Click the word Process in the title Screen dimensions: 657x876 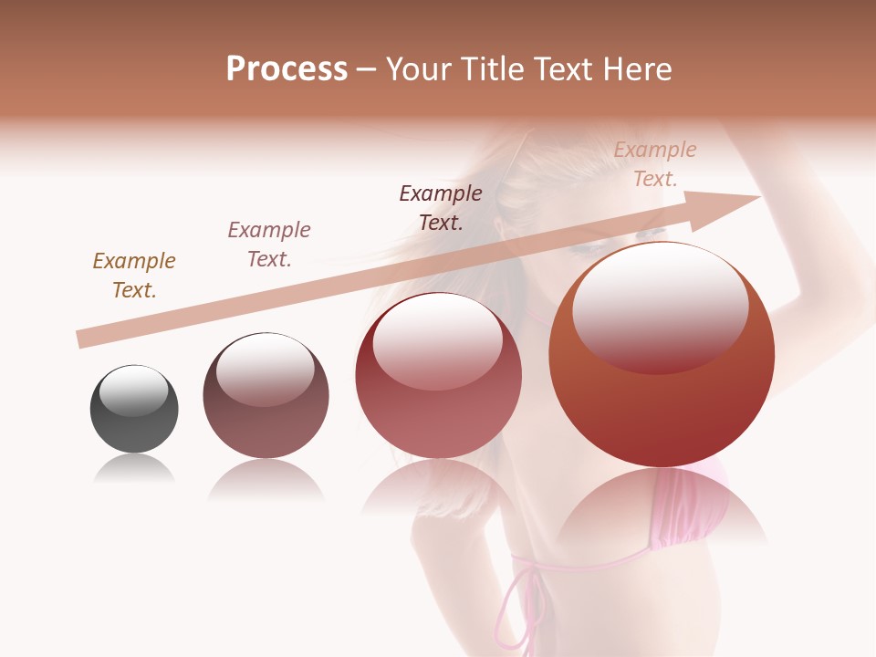(287, 69)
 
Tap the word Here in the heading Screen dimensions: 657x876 (636, 69)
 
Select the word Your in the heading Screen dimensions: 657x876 (417, 69)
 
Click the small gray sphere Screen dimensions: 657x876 (134, 420)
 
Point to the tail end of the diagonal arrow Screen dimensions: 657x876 (80, 339)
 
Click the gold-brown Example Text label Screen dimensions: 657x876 (134, 276)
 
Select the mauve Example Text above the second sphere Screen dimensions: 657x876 (269, 245)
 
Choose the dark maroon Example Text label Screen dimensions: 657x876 (441, 207)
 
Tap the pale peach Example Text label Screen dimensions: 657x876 (655, 164)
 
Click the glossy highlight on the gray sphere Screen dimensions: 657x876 (134, 391)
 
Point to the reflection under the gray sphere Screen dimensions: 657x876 (134, 469)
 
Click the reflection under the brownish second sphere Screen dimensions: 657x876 (266, 479)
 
